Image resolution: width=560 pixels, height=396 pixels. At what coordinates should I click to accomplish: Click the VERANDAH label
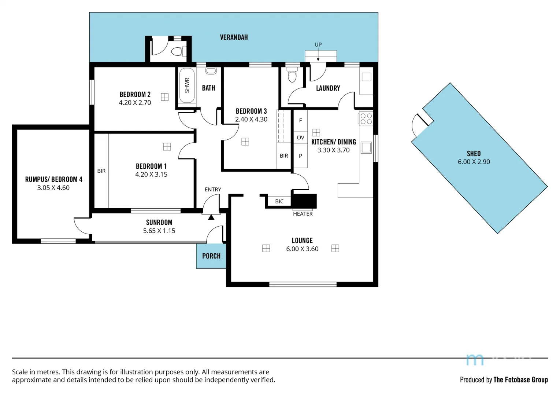pyautogui.click(x=234, y=37)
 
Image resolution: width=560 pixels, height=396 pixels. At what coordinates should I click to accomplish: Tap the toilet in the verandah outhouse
pyautogui.click(x=177, y=51)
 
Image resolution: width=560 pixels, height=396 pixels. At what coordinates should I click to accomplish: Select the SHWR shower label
pyautogui.click(x=187, y=85)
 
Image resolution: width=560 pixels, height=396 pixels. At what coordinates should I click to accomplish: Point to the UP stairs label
pyautogui.click(x=318, y=45)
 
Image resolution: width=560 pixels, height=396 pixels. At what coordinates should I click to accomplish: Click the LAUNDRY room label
pyautogui.click(x=328, y=88)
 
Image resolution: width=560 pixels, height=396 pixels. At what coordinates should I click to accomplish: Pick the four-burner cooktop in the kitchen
pyautogui.click(x=366, y=119)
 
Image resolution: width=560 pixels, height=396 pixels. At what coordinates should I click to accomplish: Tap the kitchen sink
pyautogui.click(x=366, y=148)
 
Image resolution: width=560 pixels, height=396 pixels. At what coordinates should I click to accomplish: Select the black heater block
pyautogui.click(x=304, y=201)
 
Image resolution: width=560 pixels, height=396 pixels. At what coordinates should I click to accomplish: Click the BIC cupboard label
pyautogui.click(x=279, y=201)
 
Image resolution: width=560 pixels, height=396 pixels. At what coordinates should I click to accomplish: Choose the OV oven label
pyautogui.click(x=300, y=138)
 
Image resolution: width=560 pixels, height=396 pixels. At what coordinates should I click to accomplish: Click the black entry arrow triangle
pyautogui.click(x=211, y=217)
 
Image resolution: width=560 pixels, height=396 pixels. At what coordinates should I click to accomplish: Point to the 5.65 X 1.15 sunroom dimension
pyautogui.click(x=159, y=231)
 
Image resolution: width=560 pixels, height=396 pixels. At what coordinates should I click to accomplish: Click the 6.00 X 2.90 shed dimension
pyautogui.click(x=474, y=162)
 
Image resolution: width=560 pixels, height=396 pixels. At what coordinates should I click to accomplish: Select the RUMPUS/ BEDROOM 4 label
pyautogui.click(x=53, y=179)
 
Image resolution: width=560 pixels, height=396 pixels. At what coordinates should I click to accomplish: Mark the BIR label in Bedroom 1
pyautogui.click(x=101, y=171)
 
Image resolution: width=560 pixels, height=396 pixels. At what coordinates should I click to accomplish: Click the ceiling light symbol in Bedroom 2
pyautogui.click(x=165, y=97)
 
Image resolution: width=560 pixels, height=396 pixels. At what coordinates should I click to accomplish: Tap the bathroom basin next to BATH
pyautogui.click(x=211, y=71)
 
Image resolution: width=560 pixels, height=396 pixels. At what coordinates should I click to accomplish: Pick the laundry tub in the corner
pyautogui.click(x=366, y=77)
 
